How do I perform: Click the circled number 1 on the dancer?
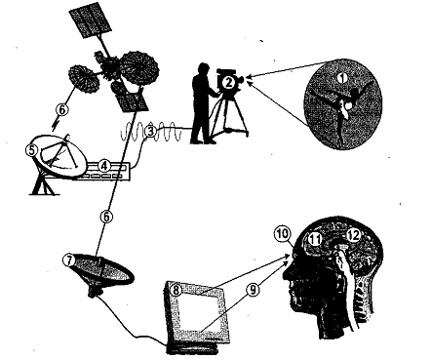click(341, 78)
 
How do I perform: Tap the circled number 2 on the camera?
click(229, 83)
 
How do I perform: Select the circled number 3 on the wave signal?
click(150, 132)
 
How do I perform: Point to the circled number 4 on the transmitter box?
click(103, 166)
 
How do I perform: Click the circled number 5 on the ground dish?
click(31, 150)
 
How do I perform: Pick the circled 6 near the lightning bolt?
click(62, 109)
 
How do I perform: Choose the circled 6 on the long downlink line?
click(107, 217)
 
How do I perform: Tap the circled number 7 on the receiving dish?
click(69, 260)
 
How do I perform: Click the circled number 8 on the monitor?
click(176, 290)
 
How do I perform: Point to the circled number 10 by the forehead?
click(282, 233)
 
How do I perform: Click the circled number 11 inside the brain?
click(315, 240)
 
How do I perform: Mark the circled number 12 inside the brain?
click(353, 235)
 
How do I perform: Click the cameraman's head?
click(204, 68)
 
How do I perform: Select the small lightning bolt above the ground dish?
click(55, 125)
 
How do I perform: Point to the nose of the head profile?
click(286, 277)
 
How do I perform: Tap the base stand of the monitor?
click(192, 348)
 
